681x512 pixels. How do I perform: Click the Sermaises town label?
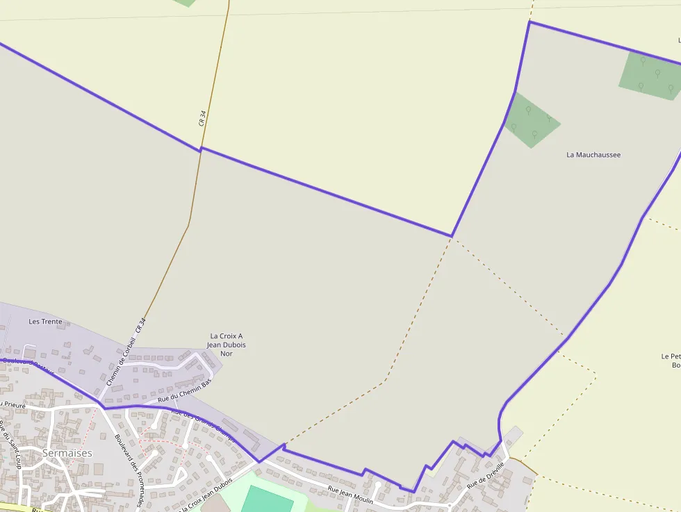pyautogui.click(x=67, y=453)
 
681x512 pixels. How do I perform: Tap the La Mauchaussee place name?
pyautogui.click(x=593, y=155)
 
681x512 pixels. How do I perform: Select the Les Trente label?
pyautogui.click(x=45, y=322)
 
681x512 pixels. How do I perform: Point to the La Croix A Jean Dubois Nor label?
pyautogui.click(x=226, y=345)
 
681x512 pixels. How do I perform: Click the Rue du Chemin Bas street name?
pyautogui.click(x=184, y=390)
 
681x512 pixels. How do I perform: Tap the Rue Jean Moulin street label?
pyautogui.click(x=350, y=495)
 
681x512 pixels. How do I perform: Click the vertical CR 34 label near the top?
pyautogui.click(x=202, y=117)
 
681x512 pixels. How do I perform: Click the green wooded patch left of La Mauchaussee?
pyautogui.click(x=532, y=119)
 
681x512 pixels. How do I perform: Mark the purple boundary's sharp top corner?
pyautogui.click(x=530, y=22)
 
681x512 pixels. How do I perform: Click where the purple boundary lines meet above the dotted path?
pyautogui.click(x=452, y=236)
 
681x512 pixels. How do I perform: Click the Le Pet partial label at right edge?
pyautogui.click(x=671, y=356)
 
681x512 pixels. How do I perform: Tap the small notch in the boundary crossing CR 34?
pyautogui.click(x=201, y=148)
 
